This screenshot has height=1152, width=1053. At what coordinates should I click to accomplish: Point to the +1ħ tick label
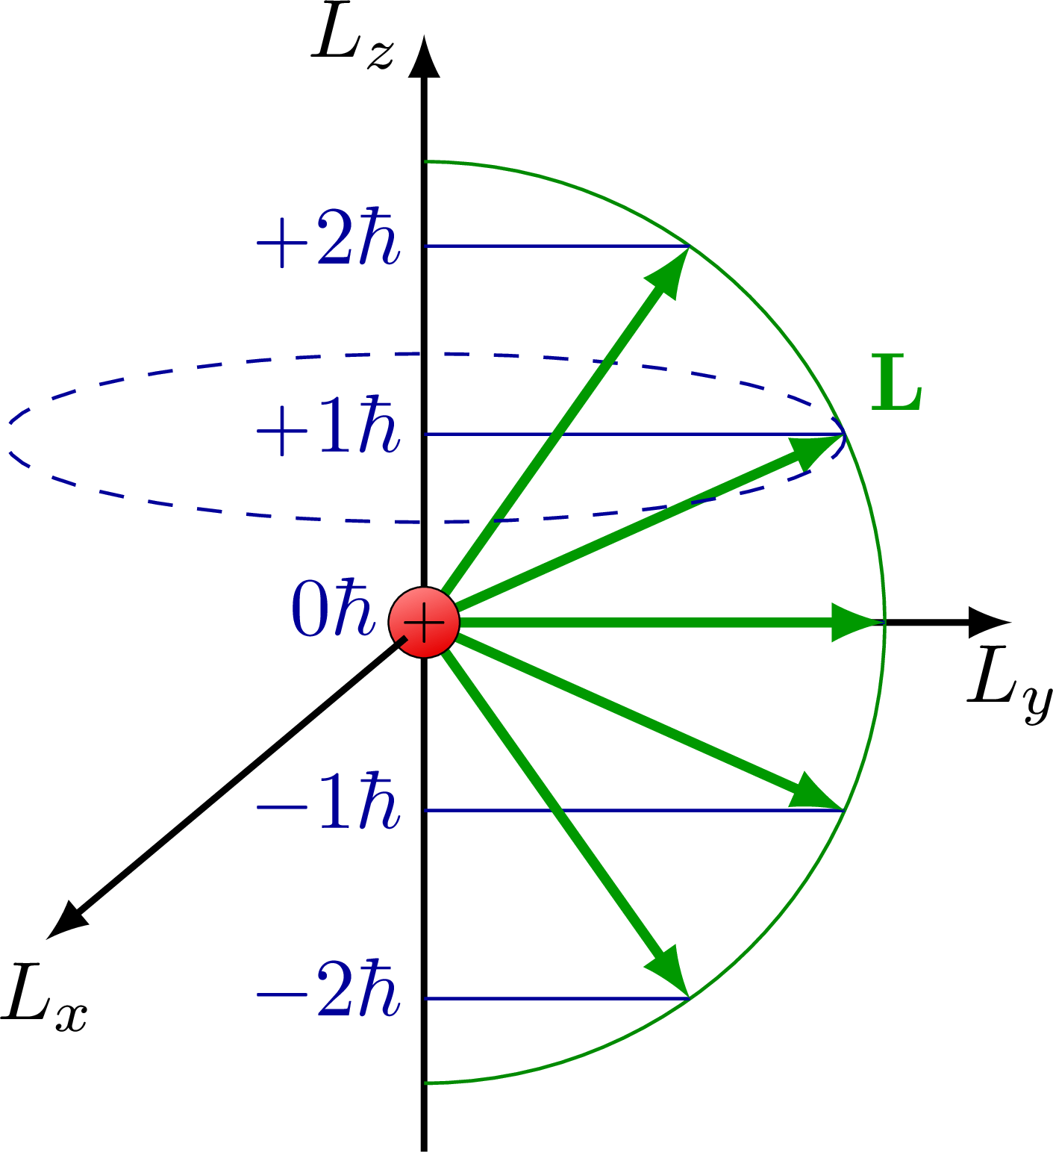[x=328, y=429]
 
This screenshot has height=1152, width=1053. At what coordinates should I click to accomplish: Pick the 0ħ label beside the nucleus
[x=333, y=609]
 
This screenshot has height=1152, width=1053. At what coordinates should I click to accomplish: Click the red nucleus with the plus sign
[x=424, y=623]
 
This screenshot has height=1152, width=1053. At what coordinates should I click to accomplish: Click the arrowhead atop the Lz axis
[x=424, y=58]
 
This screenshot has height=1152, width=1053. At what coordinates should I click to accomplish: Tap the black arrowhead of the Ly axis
[x=989, y=622]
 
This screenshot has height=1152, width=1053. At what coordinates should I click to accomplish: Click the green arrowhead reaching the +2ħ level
[x=669, y=273]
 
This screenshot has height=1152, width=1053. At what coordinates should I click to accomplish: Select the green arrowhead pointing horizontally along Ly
[x=854, y=622]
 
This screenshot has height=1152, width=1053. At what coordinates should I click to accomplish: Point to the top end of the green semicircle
[x=425, y=161]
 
